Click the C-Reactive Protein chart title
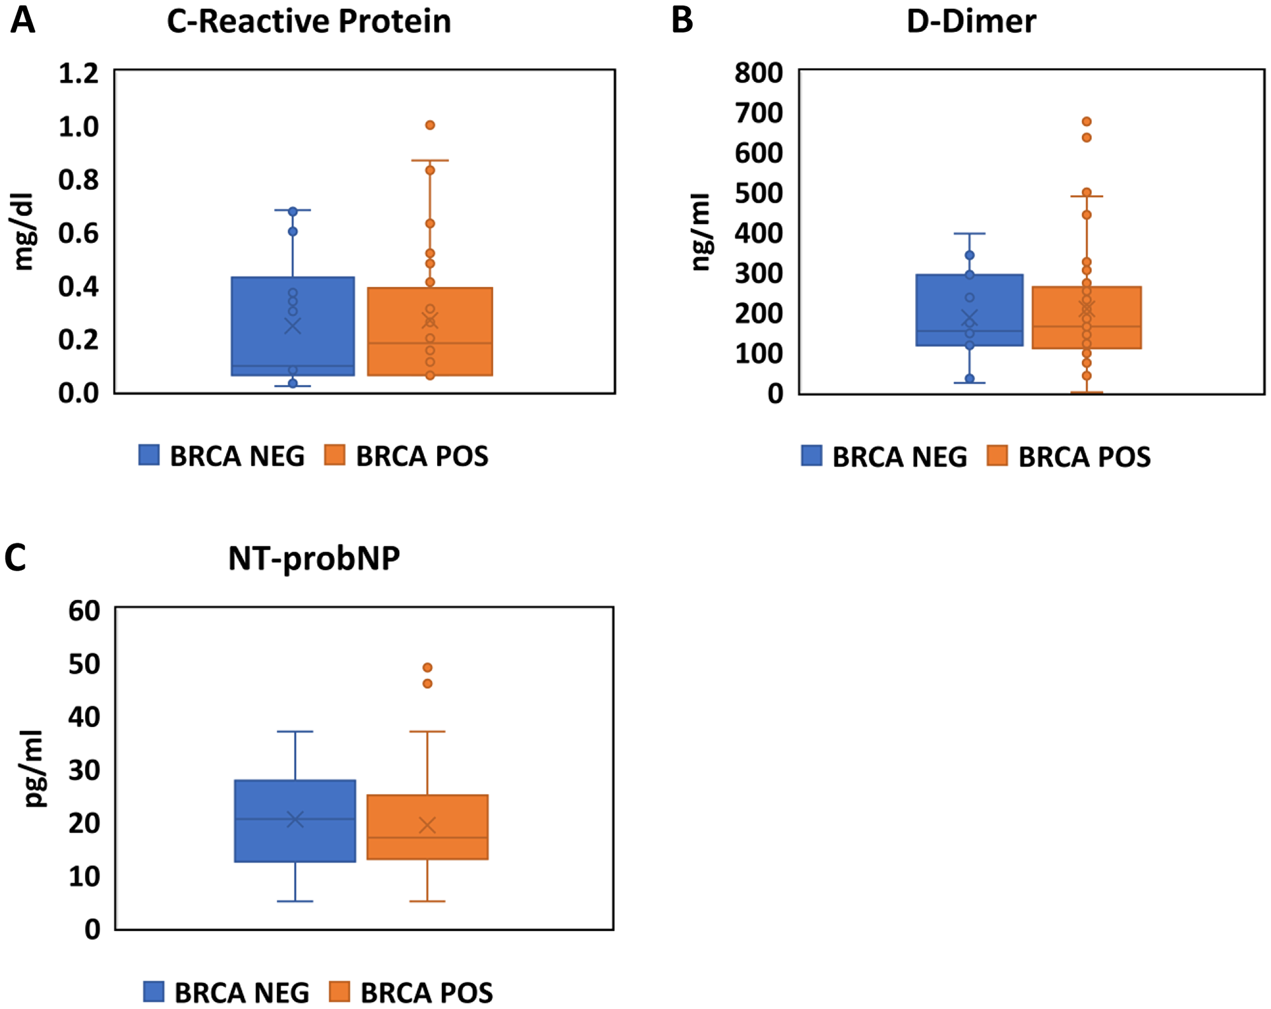pyautogui.click(x=309, y=22)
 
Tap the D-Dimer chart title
pyautogui.click(x=970, y=22)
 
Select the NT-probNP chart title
pyautogui.click(x=314, y=559)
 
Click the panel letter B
pyautogui.click(x=682, y=20)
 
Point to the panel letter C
pyautogui.click(x=15, y=558)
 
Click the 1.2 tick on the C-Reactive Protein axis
pyautogui.click(x=79, y=74)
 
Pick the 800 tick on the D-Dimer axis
pyautogui.click(x=758, y=73)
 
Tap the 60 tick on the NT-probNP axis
pyautogui.click(x=85, y=611)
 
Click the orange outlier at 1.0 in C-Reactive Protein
pyautogui.click(x=430, y=125)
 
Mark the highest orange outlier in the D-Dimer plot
pyautogui.click(x=1087, y=121)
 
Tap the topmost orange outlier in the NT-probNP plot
pyautogui.click(x=428, y=668)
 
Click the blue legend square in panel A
pyautogui.click(x=149, y=455)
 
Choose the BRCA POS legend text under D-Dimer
pyautogui.click(x=1084, y=457)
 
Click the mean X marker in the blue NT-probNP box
pyautogui.click(x=296, y=820)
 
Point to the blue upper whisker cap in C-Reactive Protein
pyautogui.click(x=293, y=210)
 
